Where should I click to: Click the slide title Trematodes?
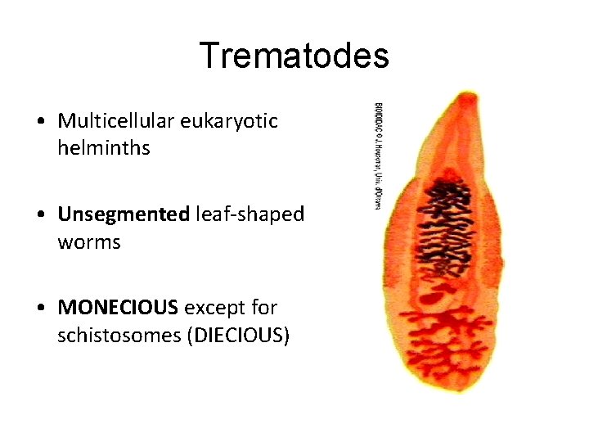(x=294, y=56)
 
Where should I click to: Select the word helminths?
(x=104, y=149)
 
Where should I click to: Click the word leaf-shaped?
(x=250, y=215)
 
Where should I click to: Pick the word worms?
(x=89, y=243)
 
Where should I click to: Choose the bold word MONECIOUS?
(x=118, y=309)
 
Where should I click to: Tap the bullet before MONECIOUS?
(x=40, y=309)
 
